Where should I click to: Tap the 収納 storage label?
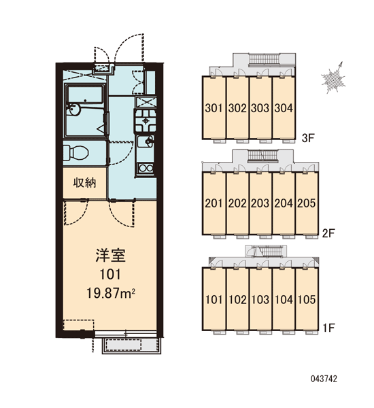[84, 183]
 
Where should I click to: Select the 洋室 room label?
[111, 256]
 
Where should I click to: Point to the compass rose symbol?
[333, 78]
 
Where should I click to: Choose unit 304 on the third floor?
[284, 108]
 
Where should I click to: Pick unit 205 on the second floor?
[307, 203]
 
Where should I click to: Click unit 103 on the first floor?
[260, 299]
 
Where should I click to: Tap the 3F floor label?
[308, 138]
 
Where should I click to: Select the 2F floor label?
[328, 233]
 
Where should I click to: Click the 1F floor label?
[328, 328]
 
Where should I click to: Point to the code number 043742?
[324, 379]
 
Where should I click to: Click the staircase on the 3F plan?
[264, 58]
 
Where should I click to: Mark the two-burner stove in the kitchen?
[146, 169]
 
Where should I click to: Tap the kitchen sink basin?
[146, 142]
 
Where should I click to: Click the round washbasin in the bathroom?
[73, 110]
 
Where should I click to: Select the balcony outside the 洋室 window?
[131, 346]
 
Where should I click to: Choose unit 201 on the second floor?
[214, 203]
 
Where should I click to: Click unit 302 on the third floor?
[237, 108]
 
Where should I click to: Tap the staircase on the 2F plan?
[263, 156]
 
